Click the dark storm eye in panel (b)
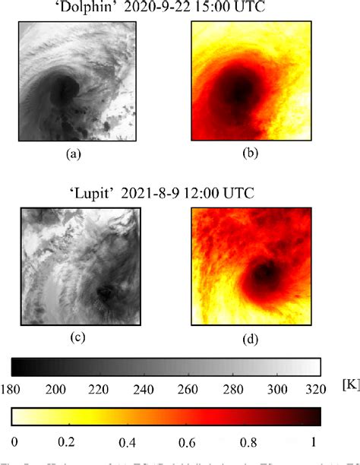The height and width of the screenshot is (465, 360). pos(240,92)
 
